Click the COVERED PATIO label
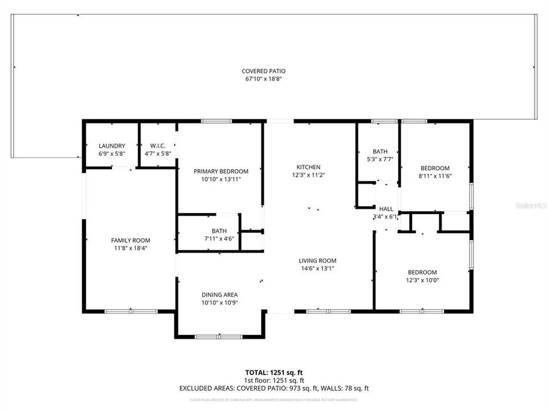coord(263,71)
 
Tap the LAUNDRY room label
coord(111,146)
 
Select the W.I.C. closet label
coord(158,146)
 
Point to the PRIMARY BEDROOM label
coord(220,171)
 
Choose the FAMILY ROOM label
coord(130,240)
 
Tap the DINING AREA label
coord(219,295)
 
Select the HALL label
coord(386,209)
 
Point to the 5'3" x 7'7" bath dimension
coord(380,159)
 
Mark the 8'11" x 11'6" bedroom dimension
coord(435,176)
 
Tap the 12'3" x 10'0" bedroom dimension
coord(422,280)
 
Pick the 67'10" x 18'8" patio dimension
coord(263,79)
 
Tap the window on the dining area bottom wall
coord(219,337)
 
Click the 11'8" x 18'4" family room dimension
coord(130,248)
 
